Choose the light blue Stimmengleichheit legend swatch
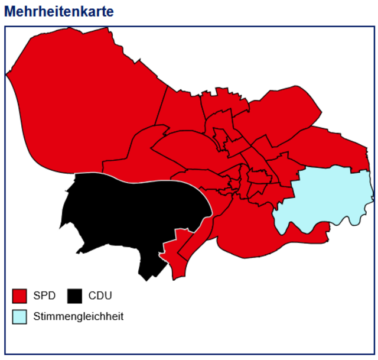20,316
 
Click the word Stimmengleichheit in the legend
78,316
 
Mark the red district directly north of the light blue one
331,148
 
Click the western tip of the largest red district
7,74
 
